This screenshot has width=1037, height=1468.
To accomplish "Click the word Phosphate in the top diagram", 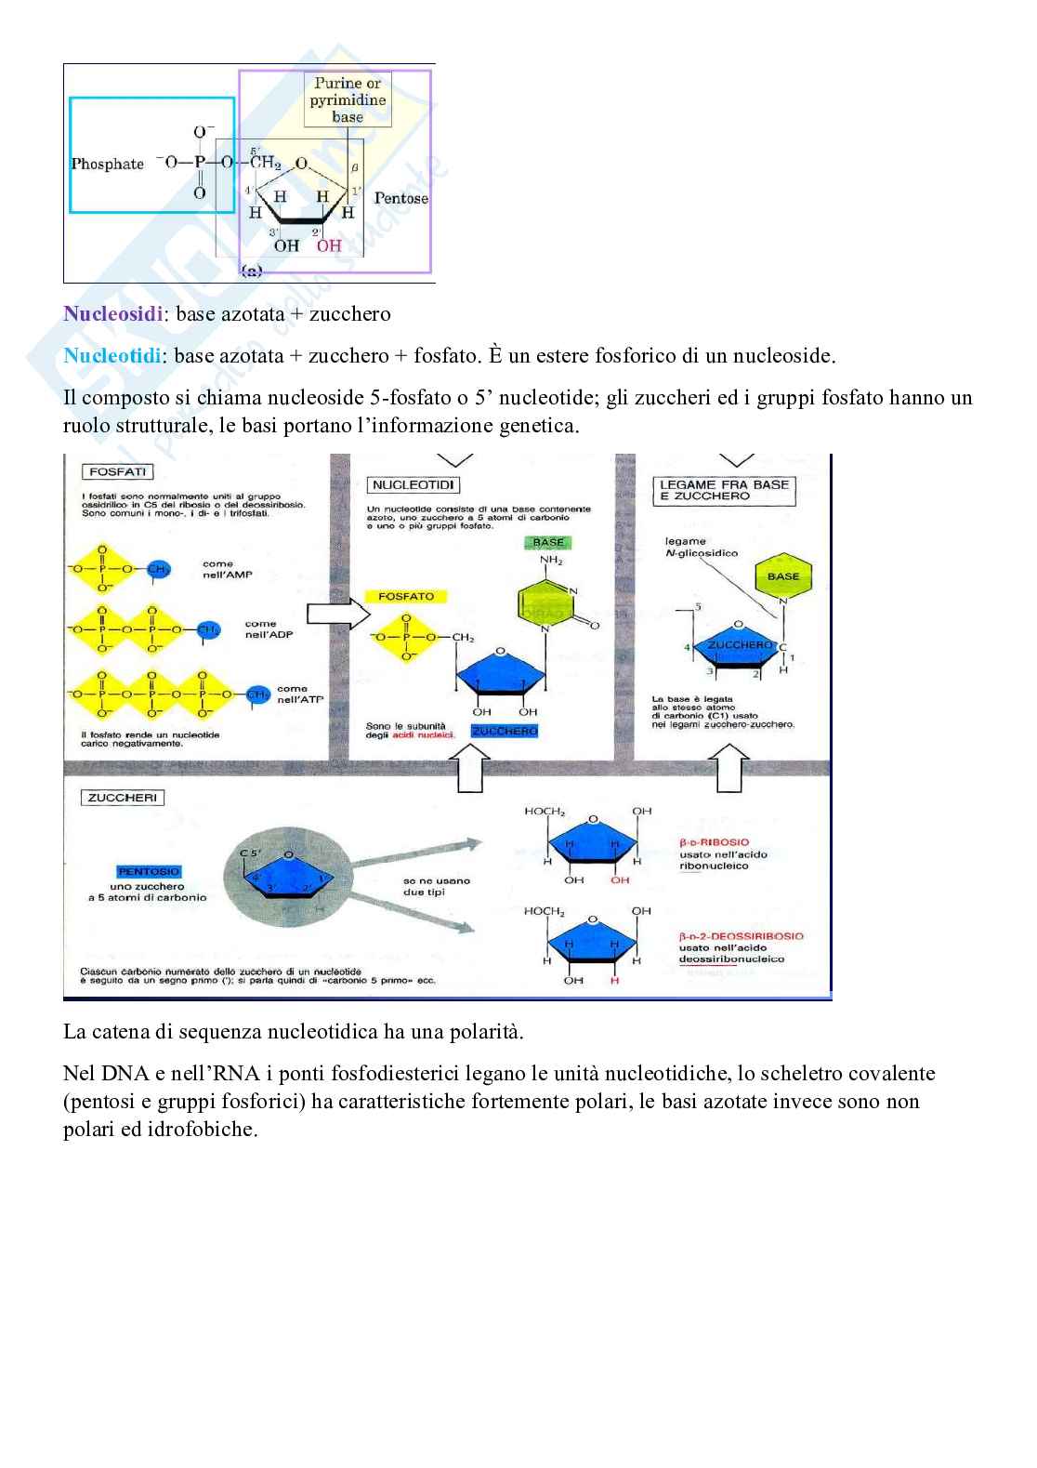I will tap(108, 164).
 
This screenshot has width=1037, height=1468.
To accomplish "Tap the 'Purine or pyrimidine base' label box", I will tap(348, 99).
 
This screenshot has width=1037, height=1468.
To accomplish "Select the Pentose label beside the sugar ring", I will tap(400, 198).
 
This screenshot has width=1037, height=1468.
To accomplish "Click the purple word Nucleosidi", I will tap(112, 314).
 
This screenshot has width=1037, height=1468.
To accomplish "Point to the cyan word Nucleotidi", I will tap(112, 356).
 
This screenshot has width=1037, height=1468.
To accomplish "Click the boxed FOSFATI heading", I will tap(117, 472).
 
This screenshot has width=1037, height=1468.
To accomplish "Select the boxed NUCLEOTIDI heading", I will tap(413, 485).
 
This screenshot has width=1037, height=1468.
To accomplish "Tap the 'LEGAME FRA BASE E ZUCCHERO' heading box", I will tap(724, 490).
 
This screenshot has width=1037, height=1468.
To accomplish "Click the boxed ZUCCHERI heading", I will tap(123, 798).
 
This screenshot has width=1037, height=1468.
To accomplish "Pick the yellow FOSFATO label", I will tap(406, 597).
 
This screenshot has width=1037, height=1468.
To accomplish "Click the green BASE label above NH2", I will tap(548, 543).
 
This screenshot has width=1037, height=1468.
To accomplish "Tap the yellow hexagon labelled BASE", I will tap(782, 576).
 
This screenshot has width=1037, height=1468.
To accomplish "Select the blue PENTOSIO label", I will tap(149, 872).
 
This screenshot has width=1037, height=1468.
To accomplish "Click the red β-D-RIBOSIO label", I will tap(714, 842).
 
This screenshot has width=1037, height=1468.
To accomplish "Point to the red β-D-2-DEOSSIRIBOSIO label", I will tap(741, 936).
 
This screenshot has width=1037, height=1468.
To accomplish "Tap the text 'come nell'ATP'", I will tap(299, 694).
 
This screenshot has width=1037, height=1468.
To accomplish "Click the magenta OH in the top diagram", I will tap(329, 246).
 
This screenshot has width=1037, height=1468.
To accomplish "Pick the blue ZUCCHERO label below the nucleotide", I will tap(505, 732).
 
